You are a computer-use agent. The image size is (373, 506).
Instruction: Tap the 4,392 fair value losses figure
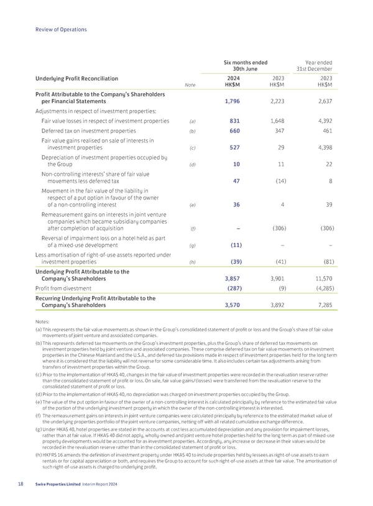click(x=321, y=121)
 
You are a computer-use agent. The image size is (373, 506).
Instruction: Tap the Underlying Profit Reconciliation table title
click(x=80, y=79)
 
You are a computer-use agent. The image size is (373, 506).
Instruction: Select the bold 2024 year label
click(x=233, y=79)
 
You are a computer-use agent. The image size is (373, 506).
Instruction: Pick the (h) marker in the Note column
click(x=192, y=262)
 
